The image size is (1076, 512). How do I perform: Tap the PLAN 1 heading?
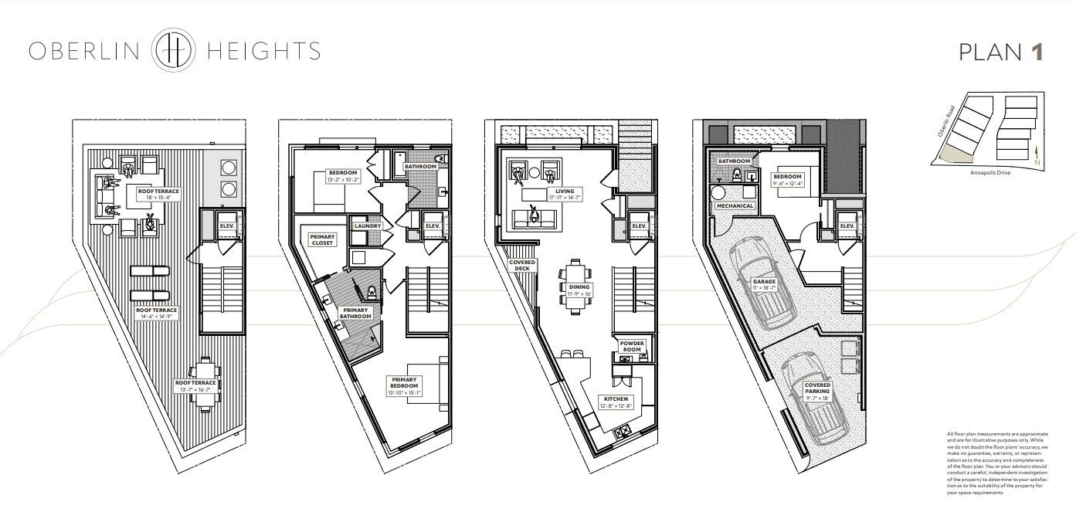[1001, 52]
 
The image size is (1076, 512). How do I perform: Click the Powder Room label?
[631, 346]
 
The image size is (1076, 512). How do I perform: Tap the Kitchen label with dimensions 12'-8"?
[618, 402]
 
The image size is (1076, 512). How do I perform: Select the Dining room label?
[579, 290]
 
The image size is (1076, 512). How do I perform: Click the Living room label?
[563, 194]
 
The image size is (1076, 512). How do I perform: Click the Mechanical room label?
[735, 206]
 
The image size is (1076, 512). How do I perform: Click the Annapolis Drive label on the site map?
[989, 173]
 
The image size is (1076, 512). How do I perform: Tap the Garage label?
[764, 283]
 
